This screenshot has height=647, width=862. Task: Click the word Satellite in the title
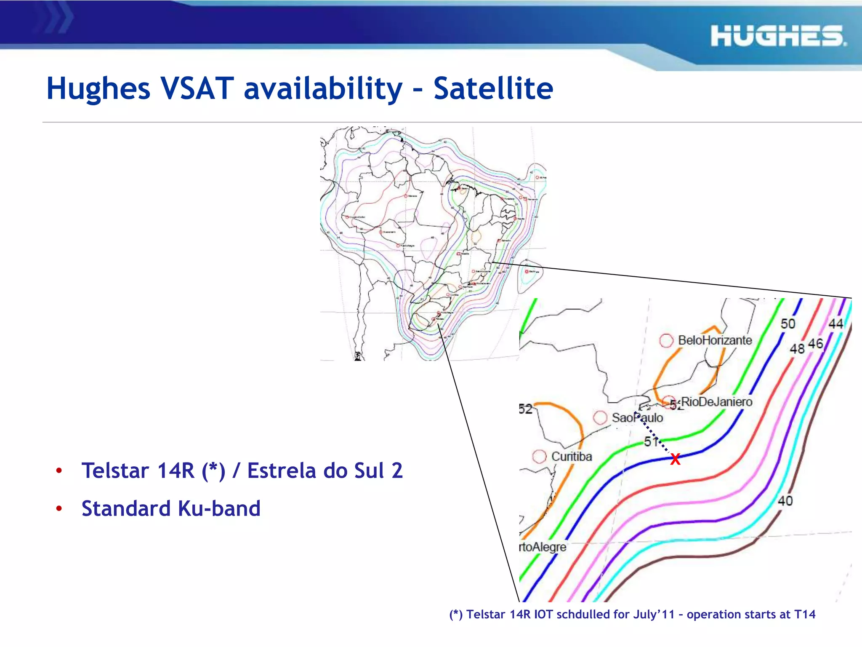coord(493,88)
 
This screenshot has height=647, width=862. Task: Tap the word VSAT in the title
coord(197,88)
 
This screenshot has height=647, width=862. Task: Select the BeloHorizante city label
coord(715,340)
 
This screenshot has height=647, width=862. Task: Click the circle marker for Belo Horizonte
coord(666,340)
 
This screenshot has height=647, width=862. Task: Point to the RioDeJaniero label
coord(716,402)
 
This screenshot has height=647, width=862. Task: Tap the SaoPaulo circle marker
coord(600,417)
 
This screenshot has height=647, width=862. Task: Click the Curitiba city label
coord(571,456)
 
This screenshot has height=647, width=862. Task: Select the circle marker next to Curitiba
coord(539,457)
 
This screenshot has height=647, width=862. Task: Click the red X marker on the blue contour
coord(675,459)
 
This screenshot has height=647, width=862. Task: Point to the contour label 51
coord(651,441)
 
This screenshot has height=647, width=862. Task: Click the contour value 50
coord(788,323)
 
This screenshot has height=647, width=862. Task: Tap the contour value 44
coord(836,323)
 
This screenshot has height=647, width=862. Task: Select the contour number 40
coord(785,501)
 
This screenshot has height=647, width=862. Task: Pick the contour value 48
coord(797,349)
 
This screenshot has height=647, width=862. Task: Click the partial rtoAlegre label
coord(543,547)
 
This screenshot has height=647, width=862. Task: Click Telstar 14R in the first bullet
coord(138,471)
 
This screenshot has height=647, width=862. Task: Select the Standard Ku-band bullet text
coord(171,508)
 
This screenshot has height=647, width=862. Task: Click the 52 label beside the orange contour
coord(525,409)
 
